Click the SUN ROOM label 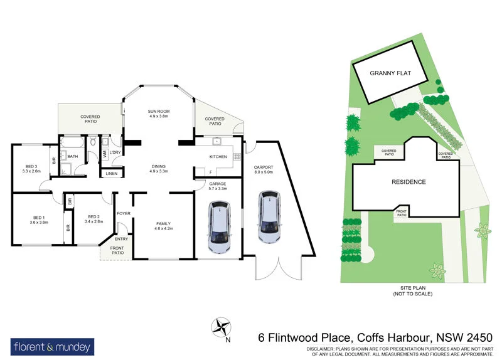[159, 112]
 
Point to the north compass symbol [221, 326]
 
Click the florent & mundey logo [53, 346]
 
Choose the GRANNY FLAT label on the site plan [390, 73]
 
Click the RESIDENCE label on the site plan [409, 182]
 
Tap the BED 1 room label [39, 217]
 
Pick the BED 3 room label [31, 166]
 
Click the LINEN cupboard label [111, 173]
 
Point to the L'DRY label [115, 152]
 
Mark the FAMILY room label [163, 224]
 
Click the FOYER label [123, 214]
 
